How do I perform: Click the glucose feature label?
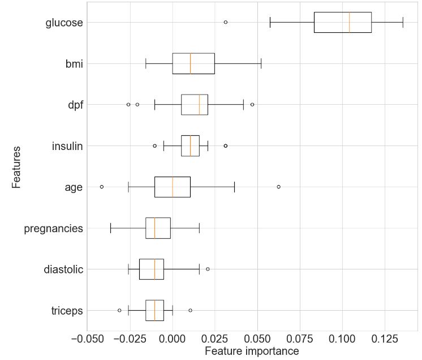pos(64,23)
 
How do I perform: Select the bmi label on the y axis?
pos(74,64)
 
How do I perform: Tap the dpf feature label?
pos(75,105)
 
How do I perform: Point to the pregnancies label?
pos(54,229)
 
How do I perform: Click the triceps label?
pos(64,311)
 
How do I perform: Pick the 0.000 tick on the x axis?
pos(173,339)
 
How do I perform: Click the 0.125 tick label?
pos(385,339)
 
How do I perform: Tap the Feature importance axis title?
pos(252,352)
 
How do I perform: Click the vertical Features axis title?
pos(16,167)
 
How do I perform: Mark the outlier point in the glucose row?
pos(226,22)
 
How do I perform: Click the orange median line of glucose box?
pos(350,22)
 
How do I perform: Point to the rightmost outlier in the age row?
pos(278,186)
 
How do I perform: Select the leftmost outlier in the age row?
pos(102,186)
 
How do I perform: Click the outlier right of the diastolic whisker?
pos(208,269)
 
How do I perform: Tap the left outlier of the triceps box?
pos(119,310)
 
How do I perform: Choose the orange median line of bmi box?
pos(191,63)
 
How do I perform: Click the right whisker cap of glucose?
pos(403,22)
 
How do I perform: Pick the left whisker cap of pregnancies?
pos(110,228)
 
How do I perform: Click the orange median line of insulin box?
pos(191,145)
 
